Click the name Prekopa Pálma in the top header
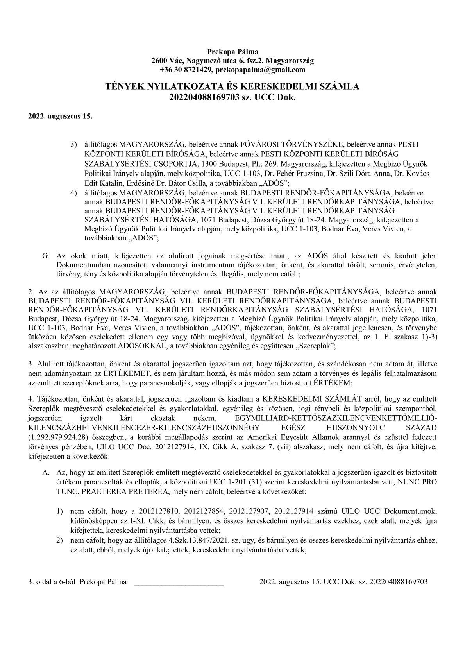[x=232, y=51]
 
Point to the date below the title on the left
[x=60, y=116]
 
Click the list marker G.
[x=45, y=256]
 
